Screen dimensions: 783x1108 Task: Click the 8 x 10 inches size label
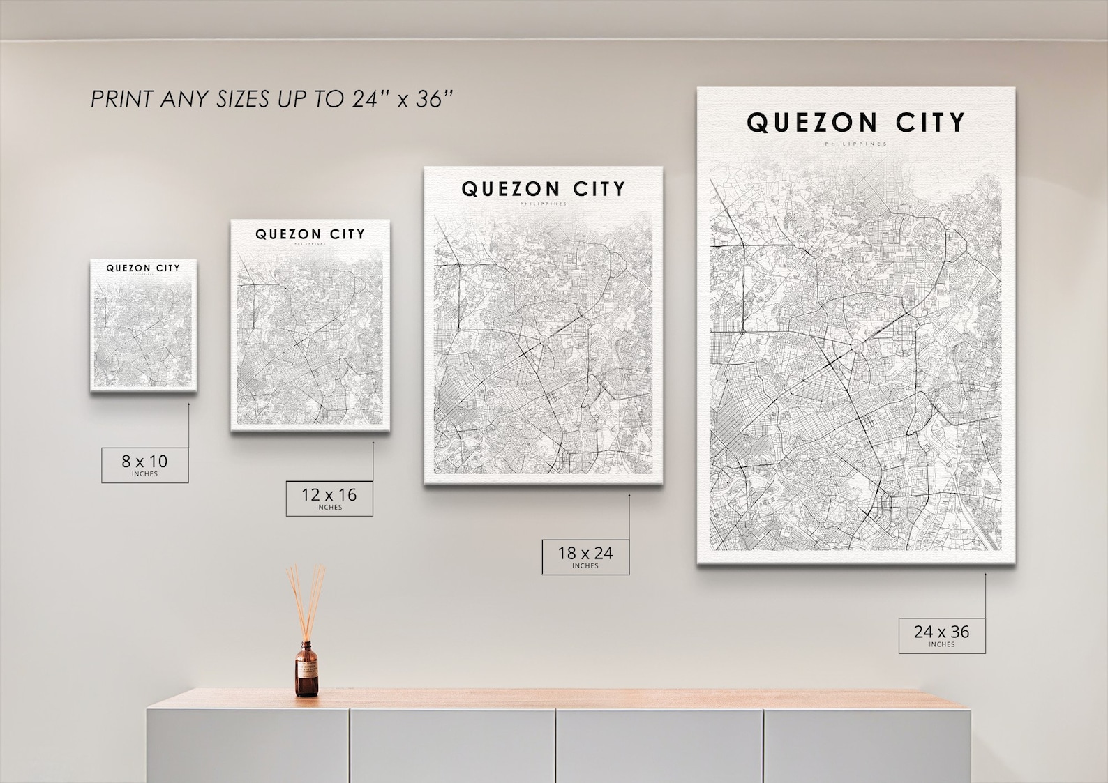point(144,464)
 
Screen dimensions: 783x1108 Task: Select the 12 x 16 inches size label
point(329,498)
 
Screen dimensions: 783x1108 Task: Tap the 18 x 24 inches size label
point(585,556)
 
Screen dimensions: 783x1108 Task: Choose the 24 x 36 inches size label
point(941,635)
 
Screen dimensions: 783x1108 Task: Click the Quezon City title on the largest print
point(855,123)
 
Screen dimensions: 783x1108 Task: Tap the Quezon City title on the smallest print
point(143,268)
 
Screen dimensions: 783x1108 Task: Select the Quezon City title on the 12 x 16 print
point(310,234)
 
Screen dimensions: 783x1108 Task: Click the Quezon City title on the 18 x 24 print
point(543,189)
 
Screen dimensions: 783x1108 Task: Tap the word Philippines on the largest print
point(855,144)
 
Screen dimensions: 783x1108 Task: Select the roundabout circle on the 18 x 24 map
point(544,340)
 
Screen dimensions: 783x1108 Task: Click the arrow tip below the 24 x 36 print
point(985,575)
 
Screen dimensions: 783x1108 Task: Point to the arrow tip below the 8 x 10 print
point(188,403)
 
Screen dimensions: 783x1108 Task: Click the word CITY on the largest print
point(930,123)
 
